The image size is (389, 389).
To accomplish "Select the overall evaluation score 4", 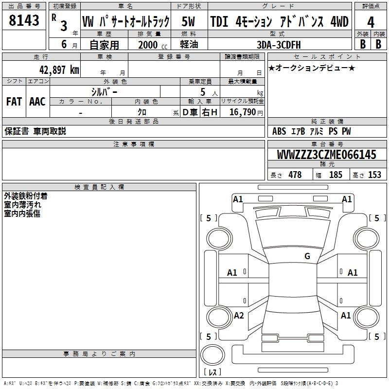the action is point(371,22).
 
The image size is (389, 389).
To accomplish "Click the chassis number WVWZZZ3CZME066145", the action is point(326,155).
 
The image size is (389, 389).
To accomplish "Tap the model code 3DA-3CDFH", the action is point(279,44).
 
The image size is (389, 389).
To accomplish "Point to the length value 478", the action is point(295,175).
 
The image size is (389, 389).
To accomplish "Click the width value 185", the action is point(336,175).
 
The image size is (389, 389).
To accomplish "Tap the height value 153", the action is point(374,175).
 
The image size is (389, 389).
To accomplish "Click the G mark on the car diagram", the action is point(307,256).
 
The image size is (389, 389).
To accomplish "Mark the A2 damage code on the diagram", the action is point(239,316).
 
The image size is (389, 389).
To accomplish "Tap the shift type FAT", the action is point(14,101).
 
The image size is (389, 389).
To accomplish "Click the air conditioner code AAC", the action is point(37,101).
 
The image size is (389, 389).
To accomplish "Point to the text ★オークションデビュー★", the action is point(312,68).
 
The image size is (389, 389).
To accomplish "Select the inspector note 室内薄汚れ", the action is point(22,205).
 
